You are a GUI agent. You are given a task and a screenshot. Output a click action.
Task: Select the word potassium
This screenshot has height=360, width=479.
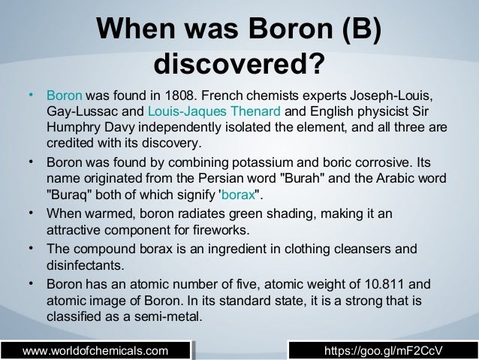tap(280, 162)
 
